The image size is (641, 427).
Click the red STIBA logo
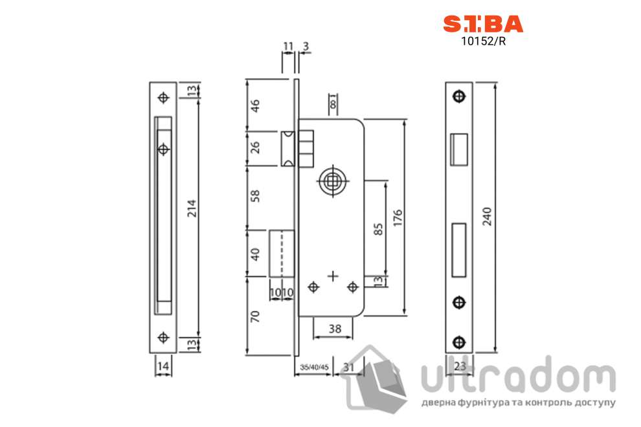[x=483, y=24]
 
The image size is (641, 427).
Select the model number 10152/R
[x=483, y=41]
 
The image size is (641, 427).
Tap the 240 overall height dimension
[x=487, y=217]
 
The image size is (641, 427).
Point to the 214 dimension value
[x=192, y=208]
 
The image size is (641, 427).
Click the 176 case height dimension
[x=398, y=218]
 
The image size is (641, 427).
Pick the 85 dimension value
[x=378, y=229]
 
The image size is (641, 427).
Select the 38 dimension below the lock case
[x=335, y=329]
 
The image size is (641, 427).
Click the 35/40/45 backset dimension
[x=315, y=367]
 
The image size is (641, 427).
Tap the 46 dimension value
[x=254, y=105]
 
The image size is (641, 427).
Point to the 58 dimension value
[x=254, y=196]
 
